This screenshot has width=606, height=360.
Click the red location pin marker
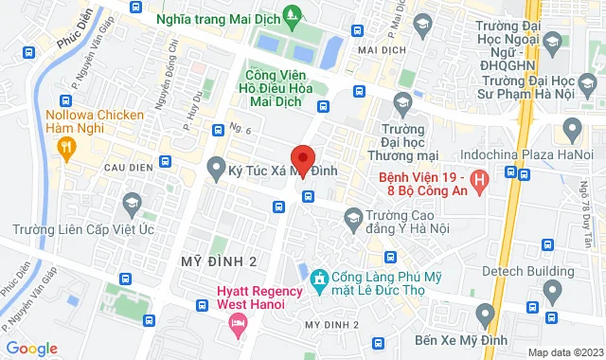[302, 158]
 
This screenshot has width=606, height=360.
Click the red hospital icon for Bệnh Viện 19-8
[479, 177]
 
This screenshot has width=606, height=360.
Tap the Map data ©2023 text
[563, 351]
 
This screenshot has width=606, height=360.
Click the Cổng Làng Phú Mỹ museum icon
[318, 278]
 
